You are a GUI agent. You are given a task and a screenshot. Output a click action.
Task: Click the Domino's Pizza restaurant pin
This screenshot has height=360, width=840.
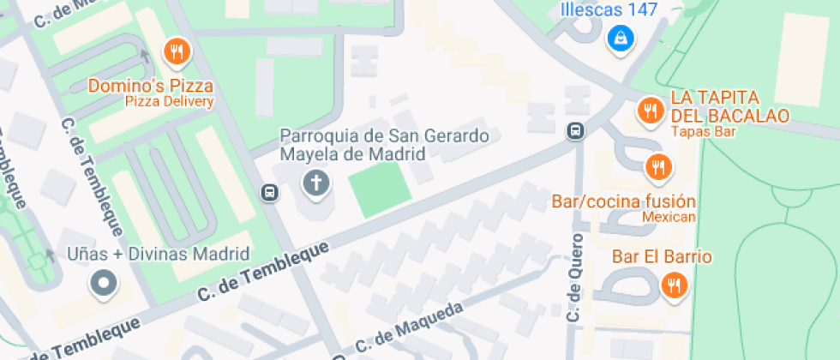177,53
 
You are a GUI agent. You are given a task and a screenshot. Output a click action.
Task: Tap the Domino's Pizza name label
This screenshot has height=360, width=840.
151,86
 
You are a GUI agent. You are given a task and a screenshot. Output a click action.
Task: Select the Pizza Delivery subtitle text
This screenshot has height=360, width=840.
169,102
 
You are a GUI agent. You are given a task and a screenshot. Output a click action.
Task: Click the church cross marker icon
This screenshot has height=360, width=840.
316,183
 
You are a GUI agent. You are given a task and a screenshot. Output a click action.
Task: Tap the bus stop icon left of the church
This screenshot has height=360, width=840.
269,192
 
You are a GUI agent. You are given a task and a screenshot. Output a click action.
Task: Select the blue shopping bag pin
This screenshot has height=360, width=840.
620,38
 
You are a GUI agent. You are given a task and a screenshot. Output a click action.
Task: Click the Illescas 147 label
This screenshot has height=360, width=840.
609,10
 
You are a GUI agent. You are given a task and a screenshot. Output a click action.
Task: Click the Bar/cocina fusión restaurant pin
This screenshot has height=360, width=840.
658,167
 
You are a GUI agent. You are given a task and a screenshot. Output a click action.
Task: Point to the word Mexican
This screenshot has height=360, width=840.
669,218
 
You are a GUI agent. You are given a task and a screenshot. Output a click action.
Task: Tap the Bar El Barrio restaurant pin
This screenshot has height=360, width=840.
674,285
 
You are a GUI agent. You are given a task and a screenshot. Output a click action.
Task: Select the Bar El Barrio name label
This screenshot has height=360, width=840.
662,257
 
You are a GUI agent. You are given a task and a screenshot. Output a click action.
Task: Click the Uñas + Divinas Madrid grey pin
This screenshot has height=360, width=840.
105,283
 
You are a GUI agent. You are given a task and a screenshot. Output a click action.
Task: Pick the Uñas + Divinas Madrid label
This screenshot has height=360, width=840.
159,254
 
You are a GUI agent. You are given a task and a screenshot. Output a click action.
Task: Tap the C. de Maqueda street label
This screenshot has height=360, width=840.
409,328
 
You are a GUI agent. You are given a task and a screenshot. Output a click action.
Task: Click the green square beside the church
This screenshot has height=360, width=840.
380,189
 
